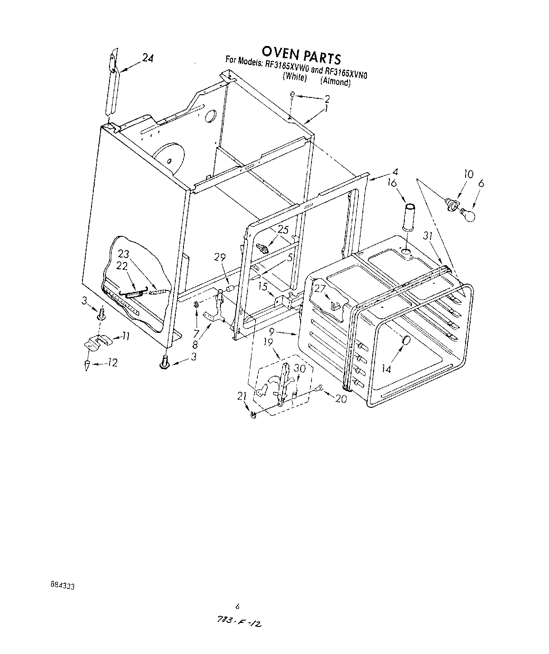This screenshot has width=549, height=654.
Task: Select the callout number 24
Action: tap(148, 57)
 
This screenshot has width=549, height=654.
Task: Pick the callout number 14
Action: tap(386, 368)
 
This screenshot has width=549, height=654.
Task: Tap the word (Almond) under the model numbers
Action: tap(335, 82)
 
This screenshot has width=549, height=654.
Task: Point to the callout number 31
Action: tap(428, 235)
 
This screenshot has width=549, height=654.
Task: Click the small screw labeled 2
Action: tap(293, 95)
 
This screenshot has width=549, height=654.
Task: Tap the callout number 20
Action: tap(341, 399)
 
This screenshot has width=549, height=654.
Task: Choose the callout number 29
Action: tap(220, 257)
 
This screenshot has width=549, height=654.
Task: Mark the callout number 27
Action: tap(320, 289)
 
